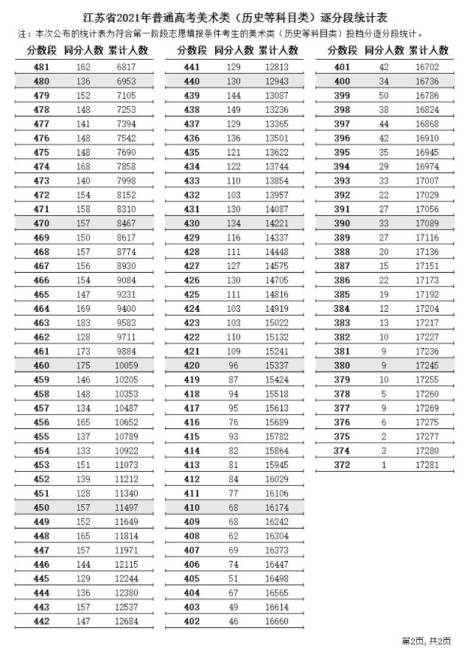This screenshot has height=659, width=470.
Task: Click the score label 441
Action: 192,67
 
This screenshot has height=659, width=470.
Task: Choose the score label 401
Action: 342,67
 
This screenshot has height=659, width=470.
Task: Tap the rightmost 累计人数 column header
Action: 428,49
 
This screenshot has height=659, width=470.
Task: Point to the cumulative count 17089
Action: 428,223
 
